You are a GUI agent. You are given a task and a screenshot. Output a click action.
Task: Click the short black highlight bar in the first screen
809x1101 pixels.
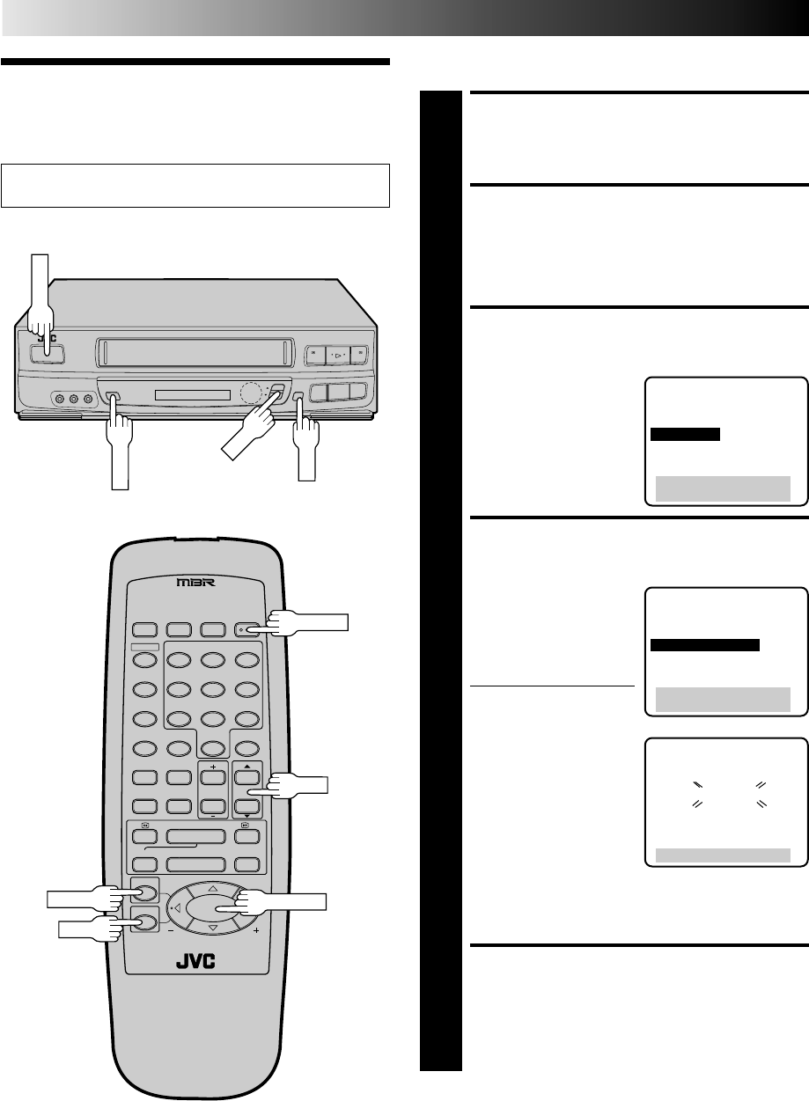coord(685,434)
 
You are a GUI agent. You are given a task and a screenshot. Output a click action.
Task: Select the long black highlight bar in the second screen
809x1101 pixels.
coord(704,645)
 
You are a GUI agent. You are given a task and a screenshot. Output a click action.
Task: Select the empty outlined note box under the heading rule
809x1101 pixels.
coord(195,185)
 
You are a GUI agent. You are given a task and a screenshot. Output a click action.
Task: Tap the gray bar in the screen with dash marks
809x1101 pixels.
coord(721,853)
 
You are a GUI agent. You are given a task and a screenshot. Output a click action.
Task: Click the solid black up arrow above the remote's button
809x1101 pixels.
coord(248,668)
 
